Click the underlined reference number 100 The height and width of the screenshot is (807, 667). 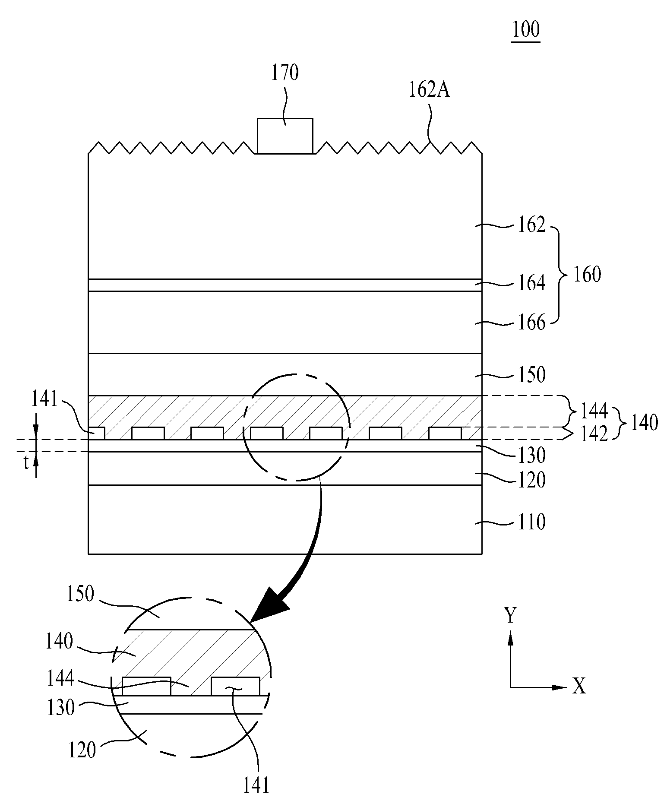tap(525, 30)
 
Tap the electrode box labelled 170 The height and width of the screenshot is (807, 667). tap(285, 136)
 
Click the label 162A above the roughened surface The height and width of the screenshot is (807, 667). tap(429, 90)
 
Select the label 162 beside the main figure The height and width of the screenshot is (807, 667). tap(531, 225)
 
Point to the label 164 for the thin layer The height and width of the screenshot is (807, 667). tap(531, 283)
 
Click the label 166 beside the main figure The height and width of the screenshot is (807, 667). tap(531, 323)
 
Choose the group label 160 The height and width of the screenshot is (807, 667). tap(587, 274)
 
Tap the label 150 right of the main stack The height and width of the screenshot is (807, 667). tap(531, 374)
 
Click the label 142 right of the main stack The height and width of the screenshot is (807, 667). tap(594, 434)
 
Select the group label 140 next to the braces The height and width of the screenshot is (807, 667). tap(644, 423)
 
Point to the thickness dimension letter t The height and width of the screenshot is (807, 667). tap(26, 463)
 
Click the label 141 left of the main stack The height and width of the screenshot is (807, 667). tap(45, 399)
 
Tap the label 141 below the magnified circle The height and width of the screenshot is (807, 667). tap(256, 785)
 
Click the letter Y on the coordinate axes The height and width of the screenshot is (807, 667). tap(510, 615)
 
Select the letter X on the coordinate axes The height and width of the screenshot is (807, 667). tap(579, 686)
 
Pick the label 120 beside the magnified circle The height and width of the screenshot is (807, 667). tap(82, 750)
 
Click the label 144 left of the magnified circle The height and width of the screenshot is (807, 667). tap(60, 679)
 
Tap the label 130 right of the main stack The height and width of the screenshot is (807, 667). tap(531, 455)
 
